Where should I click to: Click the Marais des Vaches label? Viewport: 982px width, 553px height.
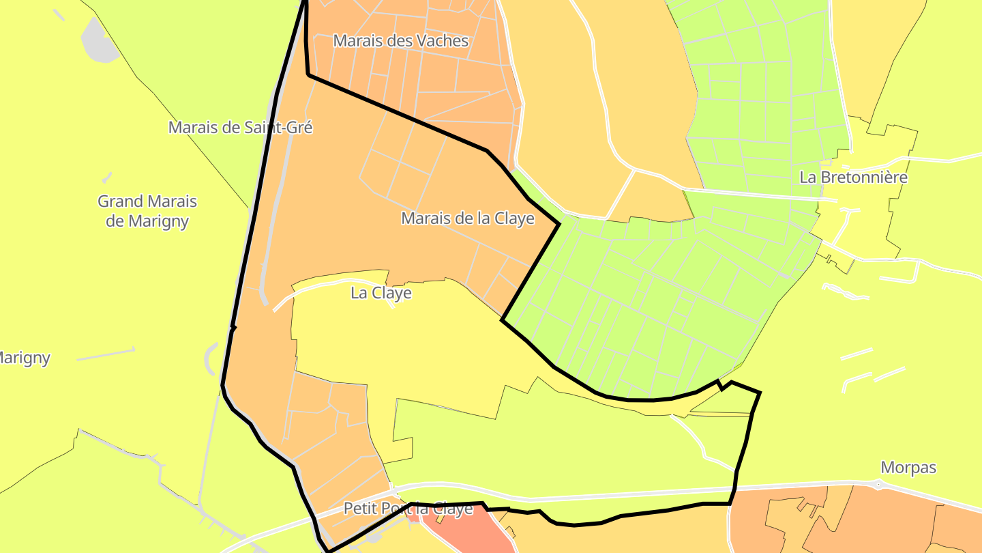[x=401, y=41]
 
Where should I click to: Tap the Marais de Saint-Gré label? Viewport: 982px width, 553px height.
[x=240, y=127]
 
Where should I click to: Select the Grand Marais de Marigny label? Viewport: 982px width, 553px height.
[x=147, y=211]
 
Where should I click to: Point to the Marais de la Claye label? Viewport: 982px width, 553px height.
[x=468, y=218]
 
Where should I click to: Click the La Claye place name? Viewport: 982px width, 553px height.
[x=381, y=293]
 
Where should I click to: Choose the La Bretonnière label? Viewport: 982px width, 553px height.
[x=853, y=178]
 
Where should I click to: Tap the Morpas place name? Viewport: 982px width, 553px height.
[x=908, y=468]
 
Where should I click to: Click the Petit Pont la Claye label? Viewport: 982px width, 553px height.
[x=408, y=509]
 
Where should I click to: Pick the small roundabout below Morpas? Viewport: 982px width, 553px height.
[x=878, y=485]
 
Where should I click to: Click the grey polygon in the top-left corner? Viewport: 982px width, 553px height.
[x=100, y=41]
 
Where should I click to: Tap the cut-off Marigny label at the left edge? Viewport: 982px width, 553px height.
[x=25, y=358]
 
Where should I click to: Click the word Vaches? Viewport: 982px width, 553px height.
[x=444, y=41]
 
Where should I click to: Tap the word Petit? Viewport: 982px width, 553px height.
[x=359, y=509]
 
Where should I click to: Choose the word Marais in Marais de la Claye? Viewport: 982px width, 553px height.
[x=424, y=218]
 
